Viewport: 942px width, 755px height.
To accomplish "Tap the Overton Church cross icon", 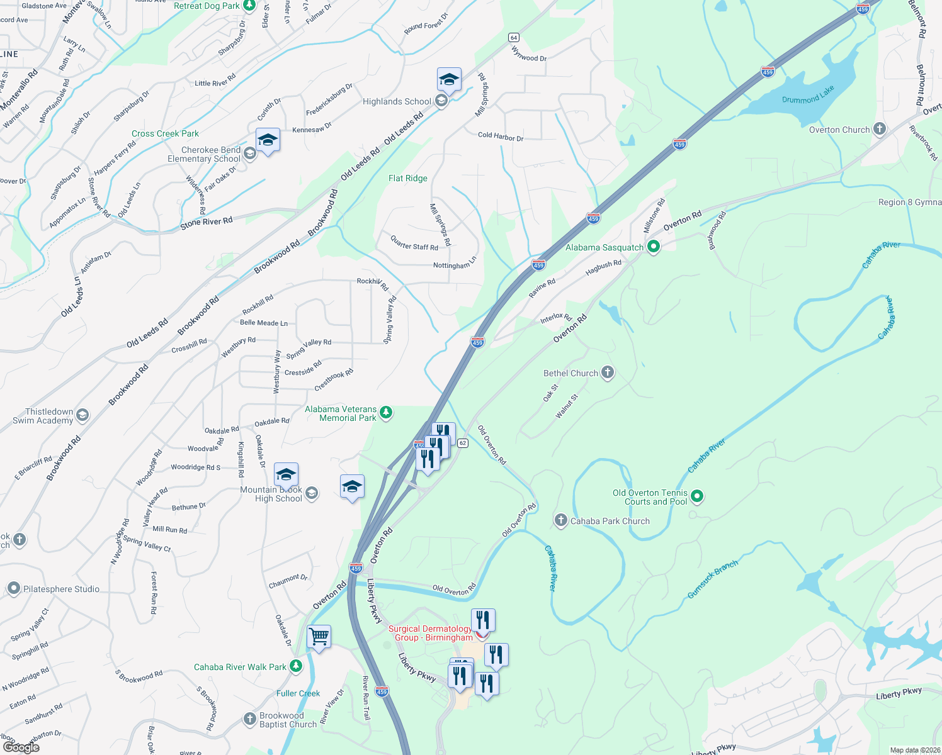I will (880, 130).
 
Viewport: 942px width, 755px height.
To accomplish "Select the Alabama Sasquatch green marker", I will (654, 247).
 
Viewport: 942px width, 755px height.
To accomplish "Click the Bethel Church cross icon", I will (608, 372).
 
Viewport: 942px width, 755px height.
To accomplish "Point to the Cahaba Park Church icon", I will (560, 520).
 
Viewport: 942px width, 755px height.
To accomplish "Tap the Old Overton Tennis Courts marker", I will (697, 496).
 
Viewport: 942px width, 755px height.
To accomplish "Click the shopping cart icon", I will (319, 637).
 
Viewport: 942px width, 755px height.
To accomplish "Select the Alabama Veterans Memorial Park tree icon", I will (386, 413).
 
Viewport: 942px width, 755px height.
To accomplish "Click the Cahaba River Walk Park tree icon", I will (296, 666).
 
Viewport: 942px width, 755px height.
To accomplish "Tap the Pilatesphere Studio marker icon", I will (14, 589).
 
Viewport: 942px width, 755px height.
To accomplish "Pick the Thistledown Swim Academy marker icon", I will (82, 415).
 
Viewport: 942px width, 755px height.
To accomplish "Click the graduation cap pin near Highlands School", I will (449, 80).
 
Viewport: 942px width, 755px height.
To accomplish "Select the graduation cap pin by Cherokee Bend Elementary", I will (268, 140).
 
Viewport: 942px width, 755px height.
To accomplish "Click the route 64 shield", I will (514, 38).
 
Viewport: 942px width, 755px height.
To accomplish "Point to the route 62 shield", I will (463, 443).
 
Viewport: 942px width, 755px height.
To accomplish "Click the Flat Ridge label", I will (408, 178).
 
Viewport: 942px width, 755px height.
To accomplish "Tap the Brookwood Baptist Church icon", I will (250, 719).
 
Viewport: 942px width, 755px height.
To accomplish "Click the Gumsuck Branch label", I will (712, 579).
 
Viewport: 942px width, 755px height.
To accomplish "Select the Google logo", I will (21, 747).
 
